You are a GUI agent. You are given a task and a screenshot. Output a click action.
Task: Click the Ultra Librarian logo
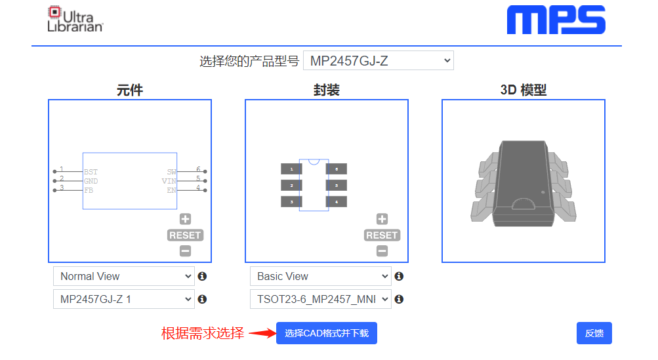coord(75,20)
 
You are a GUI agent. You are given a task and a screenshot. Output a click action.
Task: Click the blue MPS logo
coord(556,20)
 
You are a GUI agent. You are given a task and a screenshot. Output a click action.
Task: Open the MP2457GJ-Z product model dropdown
coord(378,61)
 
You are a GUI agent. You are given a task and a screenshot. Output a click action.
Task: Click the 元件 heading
coord(129,90)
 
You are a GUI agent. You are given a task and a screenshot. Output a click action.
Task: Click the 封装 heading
coord(326,90)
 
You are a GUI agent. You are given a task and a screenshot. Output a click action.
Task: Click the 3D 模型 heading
coord(523,90)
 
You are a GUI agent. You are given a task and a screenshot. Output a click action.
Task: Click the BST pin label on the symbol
coord(91,172)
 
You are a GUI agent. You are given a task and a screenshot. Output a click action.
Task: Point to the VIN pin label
coord(169,181)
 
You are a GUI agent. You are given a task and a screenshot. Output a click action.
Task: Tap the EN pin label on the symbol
coord(171,190)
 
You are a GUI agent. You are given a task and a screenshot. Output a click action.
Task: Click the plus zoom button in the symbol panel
coord(186,220)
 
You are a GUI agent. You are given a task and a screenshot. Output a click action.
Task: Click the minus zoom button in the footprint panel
coord(382,250)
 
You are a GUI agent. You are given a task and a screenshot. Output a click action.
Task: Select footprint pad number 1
coord(291,169)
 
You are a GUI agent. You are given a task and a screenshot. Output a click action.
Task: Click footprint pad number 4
coord(336,202)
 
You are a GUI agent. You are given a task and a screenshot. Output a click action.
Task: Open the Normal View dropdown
coord(123,276)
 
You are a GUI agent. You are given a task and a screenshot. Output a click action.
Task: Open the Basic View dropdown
coord(320,276)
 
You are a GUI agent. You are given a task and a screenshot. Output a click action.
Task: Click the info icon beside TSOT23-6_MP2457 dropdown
coord(399,299)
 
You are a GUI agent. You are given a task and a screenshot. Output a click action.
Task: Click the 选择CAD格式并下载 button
coord(326,333)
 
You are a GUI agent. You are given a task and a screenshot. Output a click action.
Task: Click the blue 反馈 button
coord(594,333)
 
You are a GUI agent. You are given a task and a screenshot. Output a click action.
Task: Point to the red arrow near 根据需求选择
coord(260,333)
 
